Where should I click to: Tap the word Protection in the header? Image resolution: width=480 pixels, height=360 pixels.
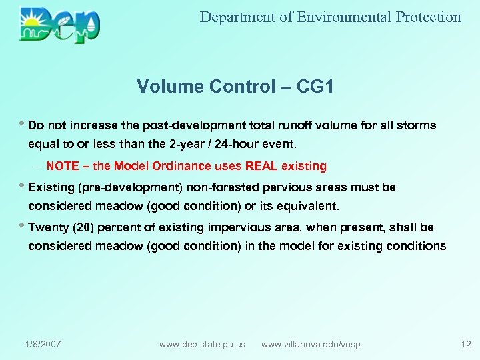(428, 17)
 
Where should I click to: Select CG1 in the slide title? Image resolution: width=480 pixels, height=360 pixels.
(313, 87)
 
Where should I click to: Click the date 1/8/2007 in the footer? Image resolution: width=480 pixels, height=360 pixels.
(43, 344)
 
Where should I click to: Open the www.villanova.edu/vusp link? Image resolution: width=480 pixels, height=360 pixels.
(311, 344)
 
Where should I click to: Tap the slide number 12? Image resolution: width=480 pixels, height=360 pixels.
(465, 344)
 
